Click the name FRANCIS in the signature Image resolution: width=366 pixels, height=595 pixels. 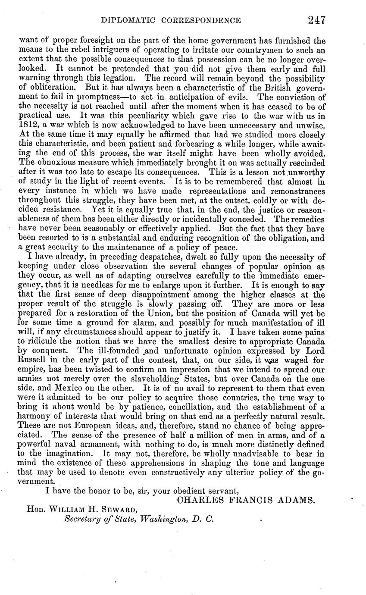244,501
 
